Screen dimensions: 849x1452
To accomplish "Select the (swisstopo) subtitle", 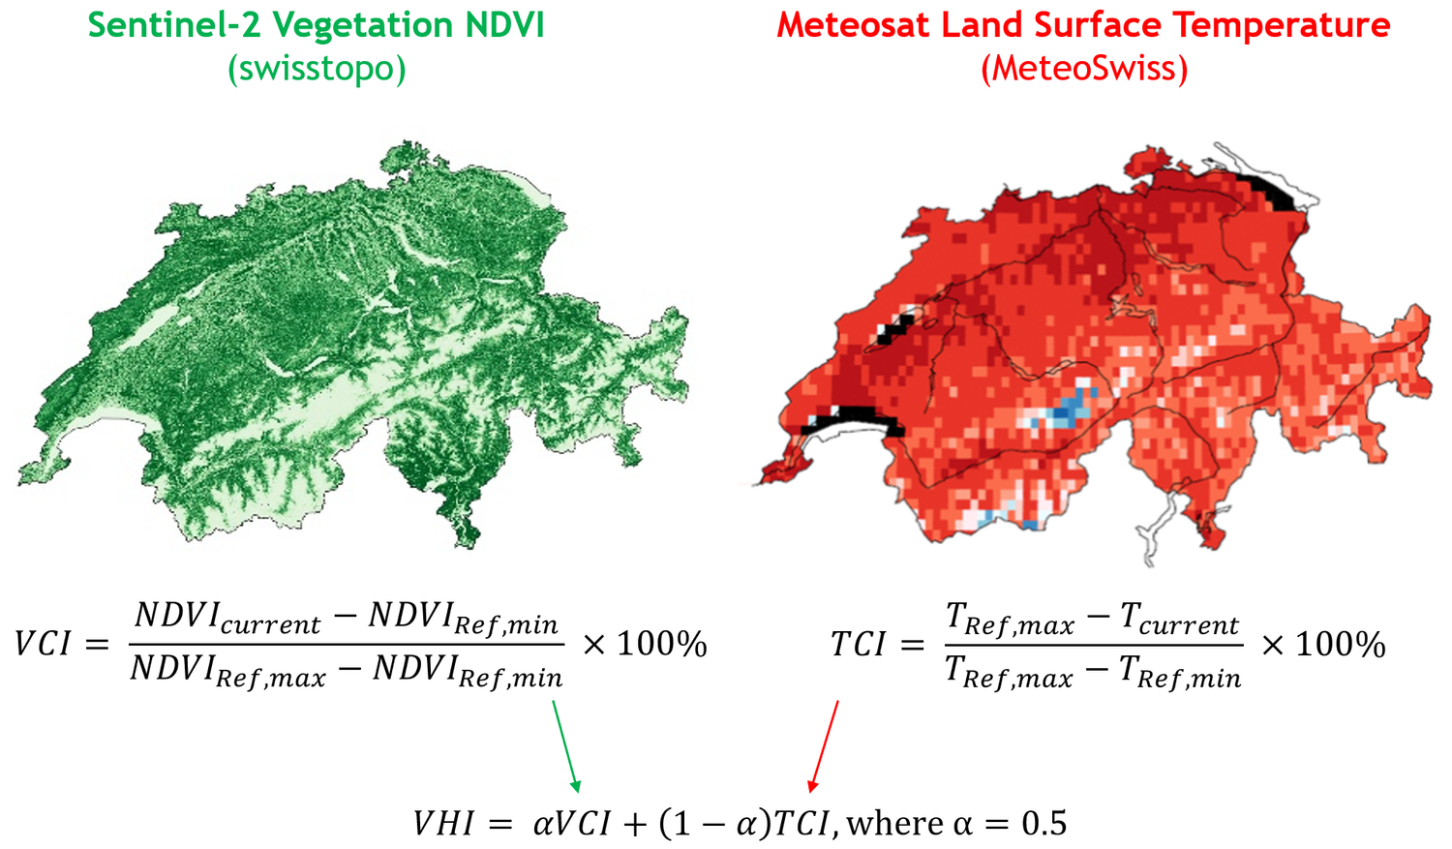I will pos(317,69).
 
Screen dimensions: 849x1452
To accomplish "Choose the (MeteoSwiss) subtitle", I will pos(1083,69).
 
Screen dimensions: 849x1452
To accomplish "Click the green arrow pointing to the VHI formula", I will pos(566,745).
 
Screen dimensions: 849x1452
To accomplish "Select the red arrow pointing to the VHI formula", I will pos(824,745).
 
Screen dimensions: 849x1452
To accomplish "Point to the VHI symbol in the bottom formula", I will pos(444,824).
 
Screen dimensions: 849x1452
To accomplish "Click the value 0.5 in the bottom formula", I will pos(1044,824).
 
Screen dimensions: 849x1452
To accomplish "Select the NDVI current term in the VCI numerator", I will pos(227,617).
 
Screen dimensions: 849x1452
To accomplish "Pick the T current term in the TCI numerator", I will pos(1179,619).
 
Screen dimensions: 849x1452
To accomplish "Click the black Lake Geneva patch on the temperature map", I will pos(857,419).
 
